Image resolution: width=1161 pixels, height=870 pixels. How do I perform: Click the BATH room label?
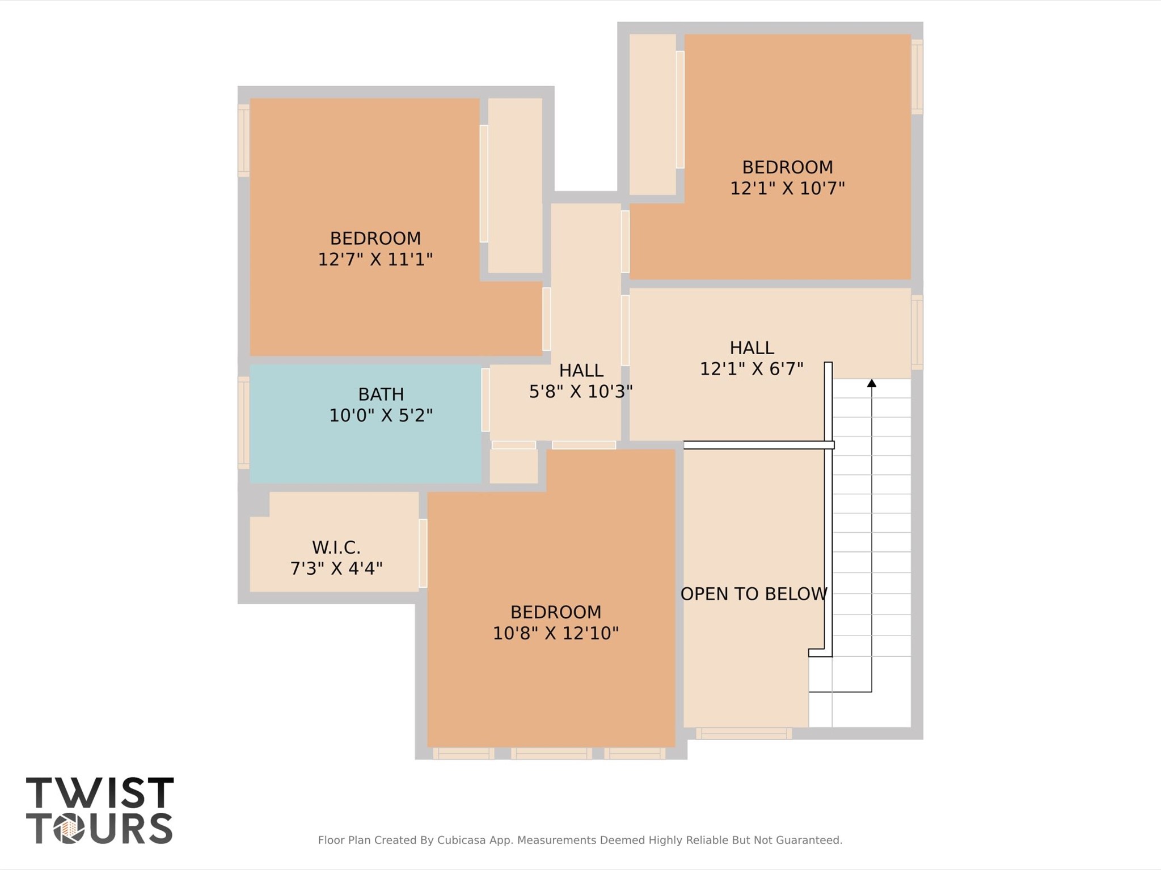pyautogui.click(x=381, y=394)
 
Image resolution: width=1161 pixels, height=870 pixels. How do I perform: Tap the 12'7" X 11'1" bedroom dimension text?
pyautogui.click(x=375, y=260)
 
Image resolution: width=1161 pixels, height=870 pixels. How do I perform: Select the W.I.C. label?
pyautogui.click(x=336, y=548)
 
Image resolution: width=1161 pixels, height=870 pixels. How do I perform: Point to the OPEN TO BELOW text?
pyautogui.click(x=753, y=594)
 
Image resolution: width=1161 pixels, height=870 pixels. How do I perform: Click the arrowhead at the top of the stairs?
pyautogui.click(x=872, y=384)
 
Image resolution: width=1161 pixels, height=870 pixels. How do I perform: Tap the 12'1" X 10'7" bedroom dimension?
pyautogui.click(x=787, y=188)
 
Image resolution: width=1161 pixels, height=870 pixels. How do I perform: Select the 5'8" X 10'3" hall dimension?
pyautogui.click(x=580, y=392)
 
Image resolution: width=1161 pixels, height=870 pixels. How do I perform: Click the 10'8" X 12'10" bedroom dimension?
pyautogui.click(x=555, y=633)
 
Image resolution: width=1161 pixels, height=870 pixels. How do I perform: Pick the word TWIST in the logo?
pyautogui.click(x=100, y=793)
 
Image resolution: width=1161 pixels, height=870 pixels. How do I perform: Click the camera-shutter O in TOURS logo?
pyautogui.click(x=69, y=829)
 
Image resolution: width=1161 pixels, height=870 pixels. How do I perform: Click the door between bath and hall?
pyautogui.click(x=485, y=400)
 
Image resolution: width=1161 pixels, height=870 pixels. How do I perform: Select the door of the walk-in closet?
pyautogui.click(x=423, y=553)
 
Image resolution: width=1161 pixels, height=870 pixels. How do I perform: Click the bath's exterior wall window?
pyautogui.click(x=243, y=423)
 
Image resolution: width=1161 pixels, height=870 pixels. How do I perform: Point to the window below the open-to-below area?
pyautogui.click(x=744, y=733)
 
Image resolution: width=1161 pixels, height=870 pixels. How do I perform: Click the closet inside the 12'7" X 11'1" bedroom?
pyautogui.click(x=515, y=185)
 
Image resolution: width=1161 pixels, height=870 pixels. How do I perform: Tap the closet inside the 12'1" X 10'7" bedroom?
pyautogui.click(x=652, y=114)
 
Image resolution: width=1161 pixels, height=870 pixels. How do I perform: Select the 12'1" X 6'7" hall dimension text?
pyautogui.click(x=751, y=370)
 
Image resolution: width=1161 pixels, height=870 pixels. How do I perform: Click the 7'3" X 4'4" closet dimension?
pyautogui.click(x=336, y=568)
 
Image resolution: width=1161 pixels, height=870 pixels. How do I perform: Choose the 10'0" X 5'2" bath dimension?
pyautogui.click(x=381, y=416)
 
